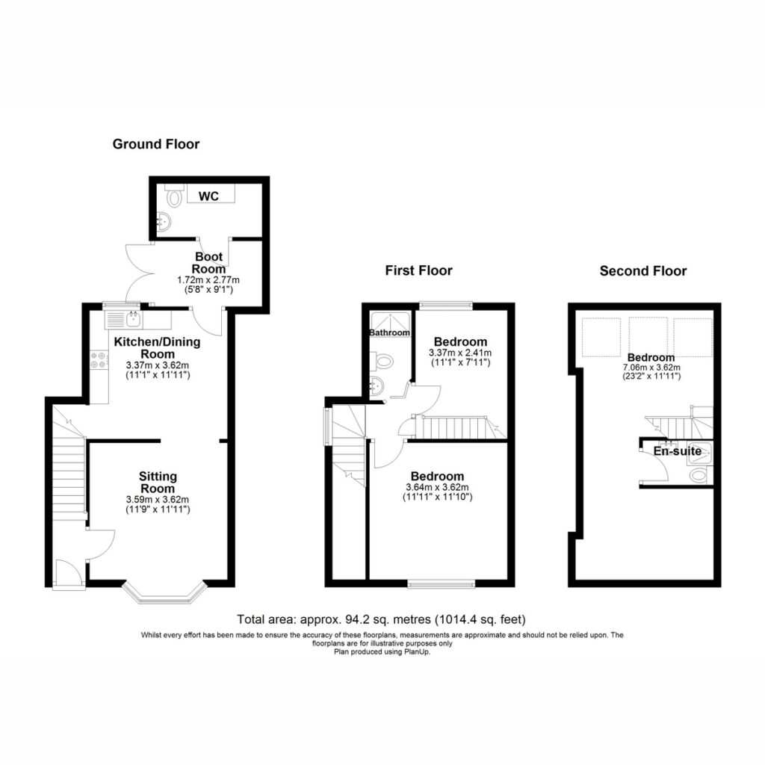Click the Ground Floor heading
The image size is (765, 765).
coord(156,144)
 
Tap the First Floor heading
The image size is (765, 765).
coord(418,270)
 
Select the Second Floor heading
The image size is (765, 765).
coord(643,271)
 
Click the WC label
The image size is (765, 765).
coord(209,196)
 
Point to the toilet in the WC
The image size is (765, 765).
coord(173,196)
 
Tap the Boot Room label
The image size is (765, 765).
coord(209,263)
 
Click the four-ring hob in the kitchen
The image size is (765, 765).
coord(99,360)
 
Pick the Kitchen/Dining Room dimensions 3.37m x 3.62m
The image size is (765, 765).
coord(158,365)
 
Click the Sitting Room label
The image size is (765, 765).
coord(158,483)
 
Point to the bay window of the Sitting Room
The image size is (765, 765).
coord(164,592)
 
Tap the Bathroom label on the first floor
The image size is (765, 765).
coord(389,332)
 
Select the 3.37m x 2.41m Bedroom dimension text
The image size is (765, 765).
coord(460,353)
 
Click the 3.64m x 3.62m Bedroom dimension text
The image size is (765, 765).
coord(437,487)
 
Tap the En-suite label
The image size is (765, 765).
coord(677,451)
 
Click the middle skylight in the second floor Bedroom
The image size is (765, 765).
coord(648,337)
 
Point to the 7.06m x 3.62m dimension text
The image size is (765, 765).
coord(651,368)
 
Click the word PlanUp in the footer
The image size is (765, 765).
coord(417,651)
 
